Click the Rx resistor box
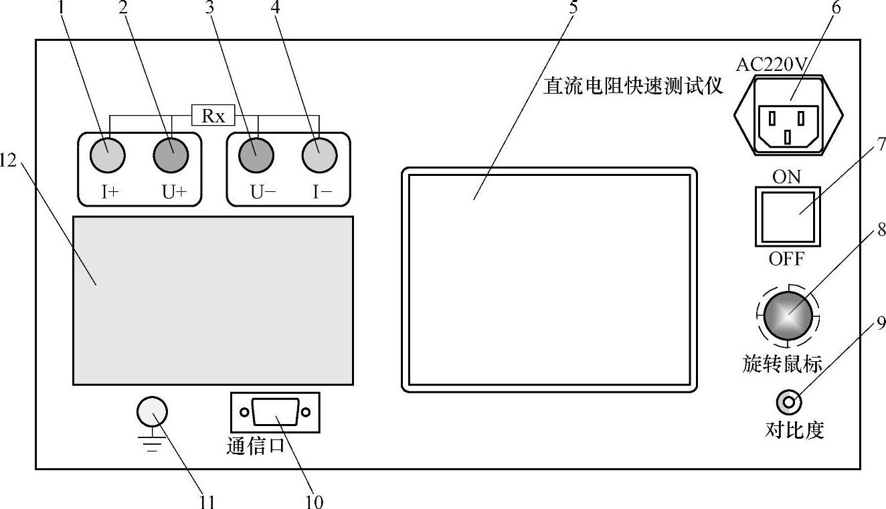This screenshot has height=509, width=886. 213,116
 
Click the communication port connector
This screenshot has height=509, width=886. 275,413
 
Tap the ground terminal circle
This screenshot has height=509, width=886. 152,412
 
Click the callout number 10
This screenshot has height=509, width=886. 314,501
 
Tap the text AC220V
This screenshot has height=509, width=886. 772,64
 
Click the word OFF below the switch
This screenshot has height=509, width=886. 786,258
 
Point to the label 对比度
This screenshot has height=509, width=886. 794,429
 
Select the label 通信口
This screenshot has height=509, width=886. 256,446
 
